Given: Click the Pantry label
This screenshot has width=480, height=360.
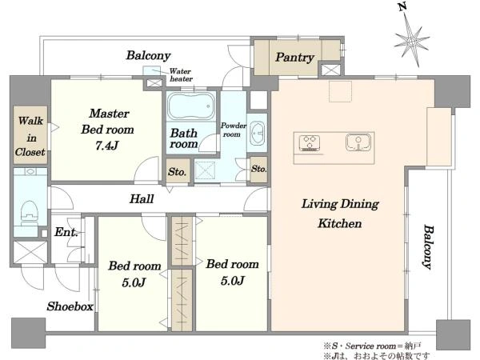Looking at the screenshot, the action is point(294,58).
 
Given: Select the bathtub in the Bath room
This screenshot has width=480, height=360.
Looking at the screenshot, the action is point(191,106).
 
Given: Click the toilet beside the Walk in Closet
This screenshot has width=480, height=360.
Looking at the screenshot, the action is point(30,213).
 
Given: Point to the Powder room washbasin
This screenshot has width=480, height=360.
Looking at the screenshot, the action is point(257,134).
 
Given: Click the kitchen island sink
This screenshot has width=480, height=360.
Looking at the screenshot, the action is point(358,142).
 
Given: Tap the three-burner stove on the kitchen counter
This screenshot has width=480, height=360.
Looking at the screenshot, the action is point(310,142).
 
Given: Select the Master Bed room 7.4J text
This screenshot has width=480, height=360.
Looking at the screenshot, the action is point(107,130).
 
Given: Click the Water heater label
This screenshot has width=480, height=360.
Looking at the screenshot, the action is point(181,75).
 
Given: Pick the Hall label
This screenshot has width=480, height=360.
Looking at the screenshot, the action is point(142,199).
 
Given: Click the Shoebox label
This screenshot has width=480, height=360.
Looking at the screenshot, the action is point(70,306).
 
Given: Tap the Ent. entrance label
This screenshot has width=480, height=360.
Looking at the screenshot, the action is point(66,232).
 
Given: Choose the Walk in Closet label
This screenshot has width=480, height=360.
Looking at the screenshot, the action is point(30,137).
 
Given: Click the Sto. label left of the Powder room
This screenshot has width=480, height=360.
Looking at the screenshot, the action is point(177,172).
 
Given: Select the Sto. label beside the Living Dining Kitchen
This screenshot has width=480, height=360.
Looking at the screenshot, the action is point(258,169).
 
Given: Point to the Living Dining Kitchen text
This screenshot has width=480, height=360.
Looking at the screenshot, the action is point(340,214).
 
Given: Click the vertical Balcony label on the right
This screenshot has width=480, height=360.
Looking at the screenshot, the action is point(428,247).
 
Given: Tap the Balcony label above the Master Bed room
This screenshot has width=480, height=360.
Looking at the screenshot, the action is point(149,55).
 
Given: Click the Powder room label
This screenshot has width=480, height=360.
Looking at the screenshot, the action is point(234,130).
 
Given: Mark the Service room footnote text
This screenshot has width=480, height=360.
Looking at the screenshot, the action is point(373,346).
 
